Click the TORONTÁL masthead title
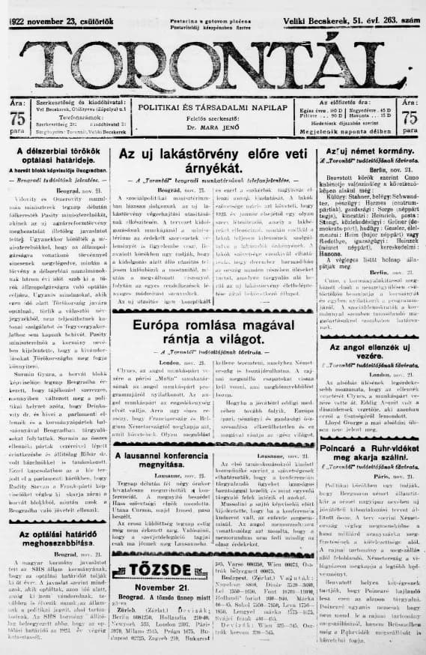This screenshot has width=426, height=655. pos(213,58)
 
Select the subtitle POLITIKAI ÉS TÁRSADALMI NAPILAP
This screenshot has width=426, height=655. pos(213,108)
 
